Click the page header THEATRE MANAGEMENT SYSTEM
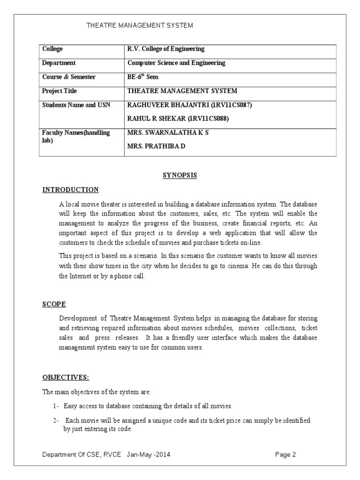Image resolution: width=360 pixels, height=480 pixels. [x=140, y=25]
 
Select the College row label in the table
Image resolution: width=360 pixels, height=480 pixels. [x=52, y=49]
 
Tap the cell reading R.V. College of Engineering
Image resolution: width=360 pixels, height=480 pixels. [x=166, y=49]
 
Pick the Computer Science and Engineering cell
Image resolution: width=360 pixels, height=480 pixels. [x=176, y=63]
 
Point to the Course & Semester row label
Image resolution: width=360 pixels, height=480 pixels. [x=69, y=77]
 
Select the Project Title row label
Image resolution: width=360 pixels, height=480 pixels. [x=60, y=91]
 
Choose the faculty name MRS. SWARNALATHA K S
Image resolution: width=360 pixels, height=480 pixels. [x=168, y=133]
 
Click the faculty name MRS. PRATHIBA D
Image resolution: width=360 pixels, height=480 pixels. [x=157, y=146]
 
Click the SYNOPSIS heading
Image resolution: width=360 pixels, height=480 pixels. [x=180, y=175]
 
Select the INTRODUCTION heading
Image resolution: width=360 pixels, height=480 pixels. [x=71, y=190]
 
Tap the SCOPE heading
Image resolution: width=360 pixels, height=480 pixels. [x=54, y=304]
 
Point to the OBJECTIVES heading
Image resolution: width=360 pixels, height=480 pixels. [x=66, y=377]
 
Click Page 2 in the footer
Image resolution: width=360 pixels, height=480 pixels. [x=285, y=455]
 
